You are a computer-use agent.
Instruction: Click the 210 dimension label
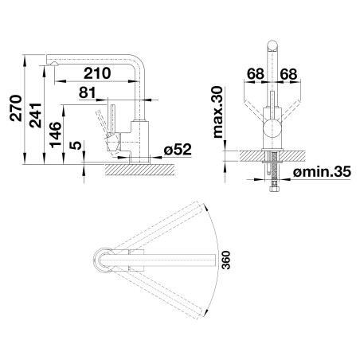point(97,73)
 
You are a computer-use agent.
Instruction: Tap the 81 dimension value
point(87,92)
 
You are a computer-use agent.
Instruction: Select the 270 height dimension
point(16,108)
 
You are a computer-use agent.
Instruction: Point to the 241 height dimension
point(36,115)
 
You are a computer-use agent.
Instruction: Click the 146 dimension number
point(56,135)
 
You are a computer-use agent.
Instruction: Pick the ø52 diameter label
point(178,150)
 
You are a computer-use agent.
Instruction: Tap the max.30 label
point(218,112)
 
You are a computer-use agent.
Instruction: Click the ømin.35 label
point(322,171)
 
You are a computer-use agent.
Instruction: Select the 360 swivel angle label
point(226,260)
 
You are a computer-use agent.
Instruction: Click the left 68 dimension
point(256,74)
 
